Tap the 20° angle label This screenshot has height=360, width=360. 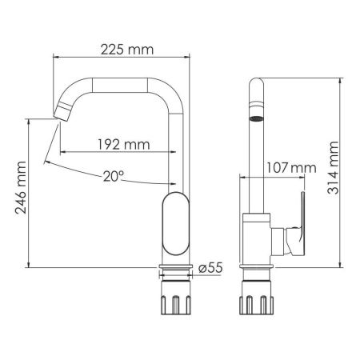click(114, 177)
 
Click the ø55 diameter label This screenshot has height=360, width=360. click(210, 269)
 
